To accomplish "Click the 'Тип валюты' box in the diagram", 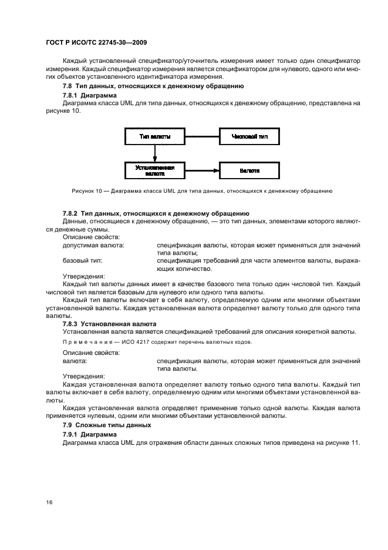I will [x=155, y=136].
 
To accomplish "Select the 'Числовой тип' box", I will [x=249, y=136].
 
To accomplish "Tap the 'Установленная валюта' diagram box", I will [x=155, y=170].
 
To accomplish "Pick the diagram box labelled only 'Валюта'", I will [x=249, y=170].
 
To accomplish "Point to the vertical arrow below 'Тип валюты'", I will [x=155, y=153].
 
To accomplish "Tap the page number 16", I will [x=49, y=502].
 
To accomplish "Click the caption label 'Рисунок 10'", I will [x=87, y=191].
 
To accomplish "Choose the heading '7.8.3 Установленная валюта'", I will [x=109, y=324].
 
